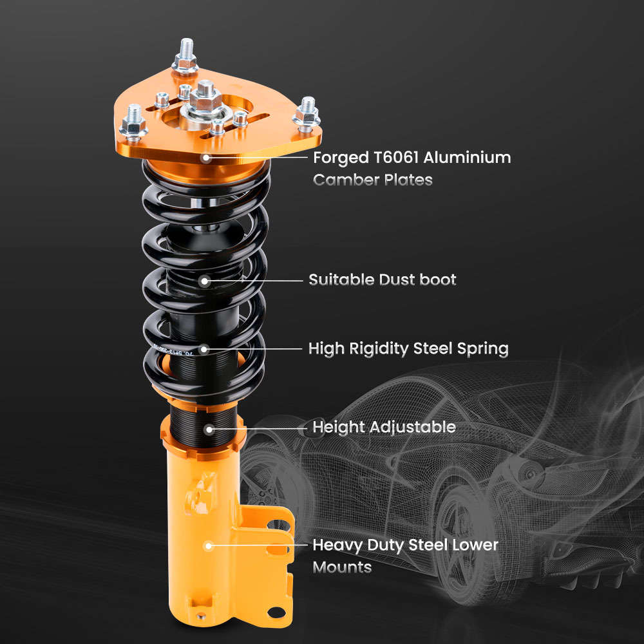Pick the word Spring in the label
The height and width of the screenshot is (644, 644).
pos(483,349)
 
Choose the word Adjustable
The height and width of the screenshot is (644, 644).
pos(415,427)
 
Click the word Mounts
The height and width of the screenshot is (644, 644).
pos(342,567)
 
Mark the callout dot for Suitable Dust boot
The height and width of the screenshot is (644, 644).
pos(205,281)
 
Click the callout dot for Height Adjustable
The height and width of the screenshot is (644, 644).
pos(209,428)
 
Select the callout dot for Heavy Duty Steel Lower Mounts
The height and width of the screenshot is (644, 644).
pos(208,546)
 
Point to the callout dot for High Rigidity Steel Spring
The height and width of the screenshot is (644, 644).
pos(205,350)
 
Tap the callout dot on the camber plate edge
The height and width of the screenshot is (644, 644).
pos(205,157)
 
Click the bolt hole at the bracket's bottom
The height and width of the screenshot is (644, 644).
pos(277,611)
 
